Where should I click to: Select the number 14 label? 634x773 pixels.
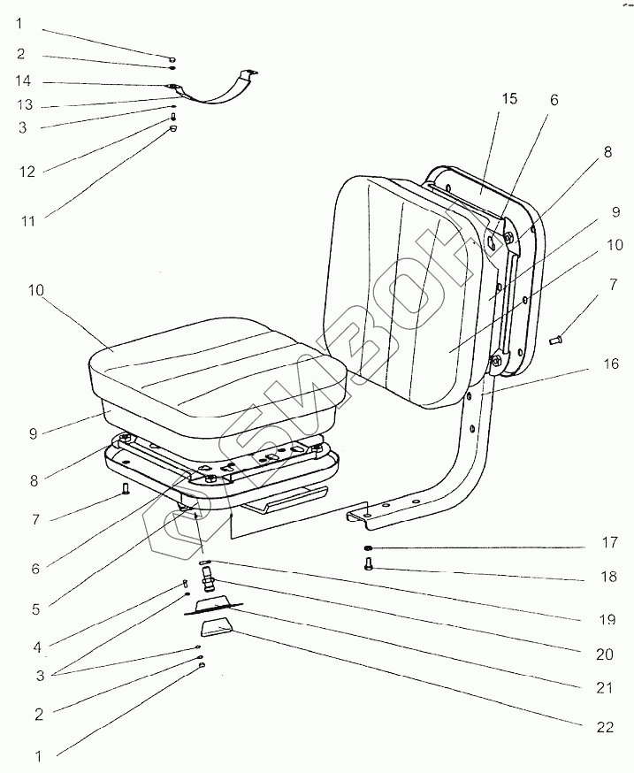[x=23, y=82]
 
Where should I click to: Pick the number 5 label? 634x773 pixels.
[x=35, y=608]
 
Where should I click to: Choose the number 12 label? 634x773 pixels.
[x=27, y=171]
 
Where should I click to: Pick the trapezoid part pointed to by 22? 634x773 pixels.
[x=218, y=632]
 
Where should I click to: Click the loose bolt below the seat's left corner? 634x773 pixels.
[x=126, y=487]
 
